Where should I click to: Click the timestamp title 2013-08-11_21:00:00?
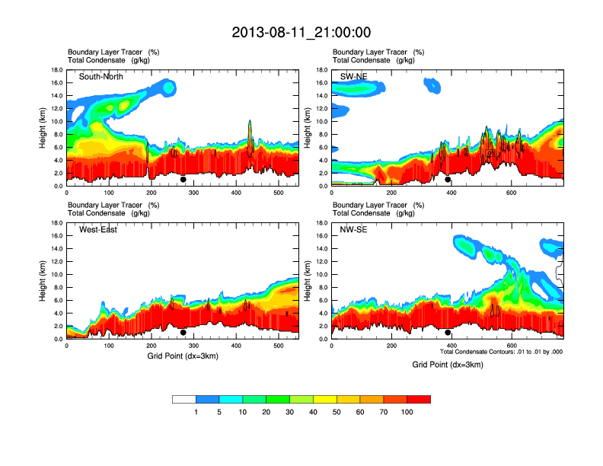301,33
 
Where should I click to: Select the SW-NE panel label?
354,76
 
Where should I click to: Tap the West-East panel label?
98,230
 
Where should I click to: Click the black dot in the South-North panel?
183,180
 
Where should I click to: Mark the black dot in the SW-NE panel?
448,180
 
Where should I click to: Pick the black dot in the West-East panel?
183,333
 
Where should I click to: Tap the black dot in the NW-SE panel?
448,333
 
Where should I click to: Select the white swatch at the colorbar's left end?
183,399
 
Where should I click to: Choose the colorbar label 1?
196,412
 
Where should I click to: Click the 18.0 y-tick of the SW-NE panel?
323,70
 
